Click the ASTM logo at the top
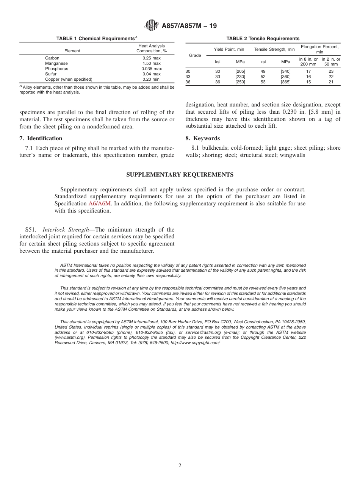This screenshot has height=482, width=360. (152, 26)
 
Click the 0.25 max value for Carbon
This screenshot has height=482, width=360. (152, 58)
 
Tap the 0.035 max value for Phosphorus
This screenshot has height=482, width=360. (152, 69)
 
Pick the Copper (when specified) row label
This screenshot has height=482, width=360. (69, 79)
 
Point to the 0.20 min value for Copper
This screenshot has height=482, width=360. (152, 79)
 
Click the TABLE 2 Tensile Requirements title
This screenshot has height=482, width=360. (263, 38)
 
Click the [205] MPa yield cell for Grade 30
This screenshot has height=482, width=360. (240, 71)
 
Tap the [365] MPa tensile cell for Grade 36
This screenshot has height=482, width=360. (285, 82)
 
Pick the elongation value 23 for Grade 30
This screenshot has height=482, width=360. (331, 71)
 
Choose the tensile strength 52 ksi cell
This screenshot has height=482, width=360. (263, 77)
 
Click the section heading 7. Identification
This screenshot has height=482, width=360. (41, 138)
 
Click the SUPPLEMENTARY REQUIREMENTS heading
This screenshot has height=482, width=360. (180, 175)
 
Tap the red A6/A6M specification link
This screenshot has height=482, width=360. (100, 203)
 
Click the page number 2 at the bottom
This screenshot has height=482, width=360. (180, 466)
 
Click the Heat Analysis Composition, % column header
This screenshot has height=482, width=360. (152, 48)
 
